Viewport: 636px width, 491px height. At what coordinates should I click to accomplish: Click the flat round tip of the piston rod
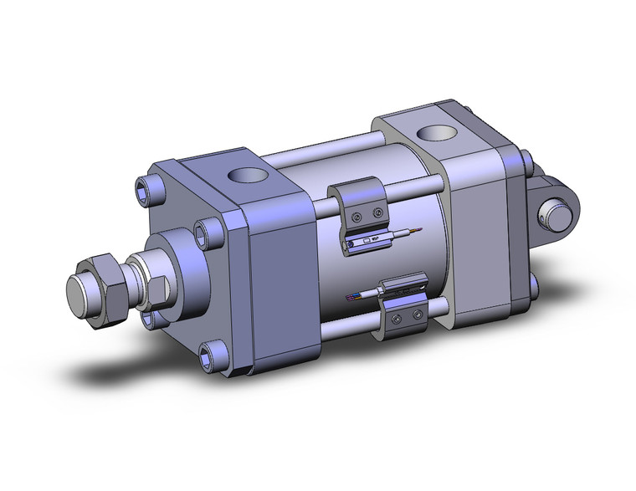83,294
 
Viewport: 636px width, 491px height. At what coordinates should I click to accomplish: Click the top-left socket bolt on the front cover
151,186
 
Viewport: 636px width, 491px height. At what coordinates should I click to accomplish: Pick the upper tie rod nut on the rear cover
526,160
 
